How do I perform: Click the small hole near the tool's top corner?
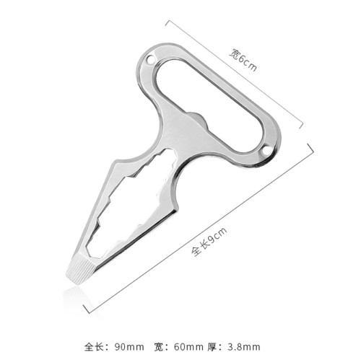(x=149, y=59)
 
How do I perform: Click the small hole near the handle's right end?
(x=266, y=152)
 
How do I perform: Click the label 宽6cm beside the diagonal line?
(x=243, y=60)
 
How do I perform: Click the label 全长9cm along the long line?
(x=209, y=241)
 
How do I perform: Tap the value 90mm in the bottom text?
(x=129, y=347)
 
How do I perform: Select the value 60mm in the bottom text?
(x=188, y=347)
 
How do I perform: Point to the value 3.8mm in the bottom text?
(x=244, y=347)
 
